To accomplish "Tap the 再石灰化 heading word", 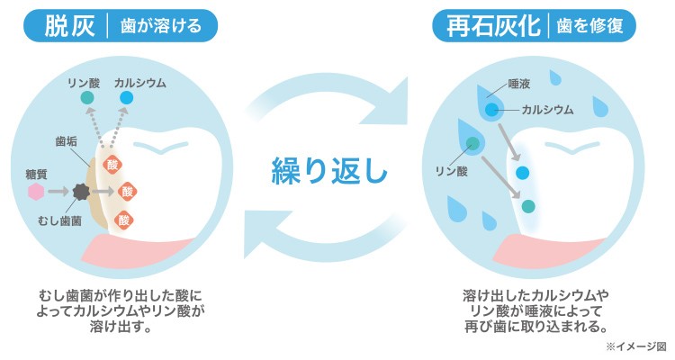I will [x=491, y=26].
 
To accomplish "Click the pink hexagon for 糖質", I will [x=37, y=192].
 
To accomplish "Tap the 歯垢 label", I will [x=65, y=141].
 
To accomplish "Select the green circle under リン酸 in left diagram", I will [x=86, y=97].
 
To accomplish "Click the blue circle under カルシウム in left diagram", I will [x=126, y=97].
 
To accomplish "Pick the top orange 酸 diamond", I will [x=113, y=164].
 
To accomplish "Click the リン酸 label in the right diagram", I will [x=450, y=169].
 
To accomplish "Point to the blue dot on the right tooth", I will [x=523, y=171].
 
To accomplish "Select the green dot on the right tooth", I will [x=528, y=205].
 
